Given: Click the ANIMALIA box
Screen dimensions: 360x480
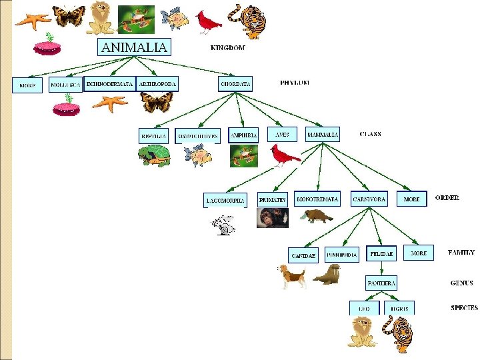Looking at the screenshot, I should (x=135, y=47).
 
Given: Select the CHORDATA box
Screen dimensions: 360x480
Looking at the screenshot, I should (x=236, y=84).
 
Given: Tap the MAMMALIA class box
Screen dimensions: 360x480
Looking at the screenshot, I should (x=323, y=134).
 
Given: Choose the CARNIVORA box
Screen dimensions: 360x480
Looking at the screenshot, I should (x=369, y=199).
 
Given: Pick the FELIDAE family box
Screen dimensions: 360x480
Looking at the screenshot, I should (x=382, y=253).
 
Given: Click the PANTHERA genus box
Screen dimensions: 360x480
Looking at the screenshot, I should (x=381, y=283).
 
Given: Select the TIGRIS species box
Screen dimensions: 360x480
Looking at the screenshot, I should (x=400, y=309).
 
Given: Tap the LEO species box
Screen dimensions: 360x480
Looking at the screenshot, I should (x=364, y=309).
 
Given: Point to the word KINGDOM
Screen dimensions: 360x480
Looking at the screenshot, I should (x=227, y=48).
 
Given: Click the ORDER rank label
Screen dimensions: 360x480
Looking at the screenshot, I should (x=447, y=197).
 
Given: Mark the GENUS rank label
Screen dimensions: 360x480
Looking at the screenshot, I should (x=461, y=283).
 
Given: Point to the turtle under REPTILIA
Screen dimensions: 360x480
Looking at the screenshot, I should (x=154, y=156).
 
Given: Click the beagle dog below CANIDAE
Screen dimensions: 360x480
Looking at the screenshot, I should (x=292, y=275).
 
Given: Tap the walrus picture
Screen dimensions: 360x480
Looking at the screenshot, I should (x=327, y=274).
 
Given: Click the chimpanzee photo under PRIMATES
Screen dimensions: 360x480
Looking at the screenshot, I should (x=272, y=217).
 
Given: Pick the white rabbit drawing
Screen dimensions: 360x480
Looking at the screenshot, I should (x=224, y=225).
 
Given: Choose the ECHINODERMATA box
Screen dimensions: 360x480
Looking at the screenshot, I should (x=109, y=85).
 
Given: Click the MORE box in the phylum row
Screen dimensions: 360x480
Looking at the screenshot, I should (x=27, y=86).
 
